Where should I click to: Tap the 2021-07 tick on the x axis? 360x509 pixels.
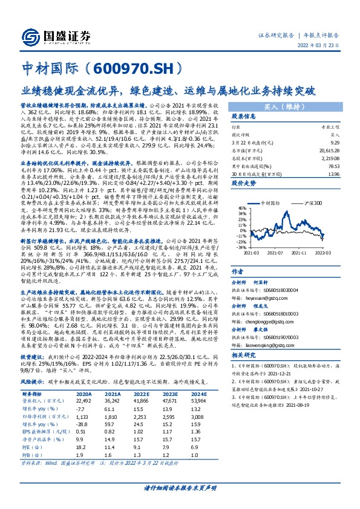point(278,253)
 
